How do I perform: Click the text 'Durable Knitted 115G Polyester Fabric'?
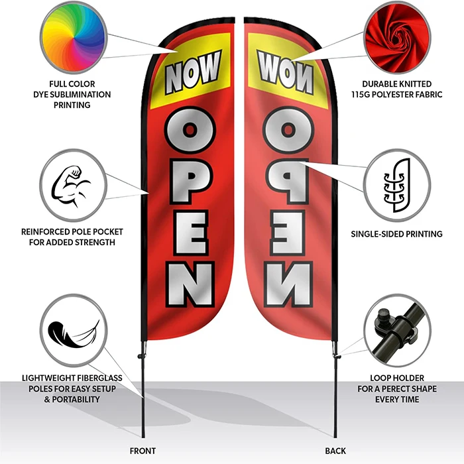coord(396,89)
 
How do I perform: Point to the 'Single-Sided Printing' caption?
coord(396,234)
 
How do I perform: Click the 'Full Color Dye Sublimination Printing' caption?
coord(74,95)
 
